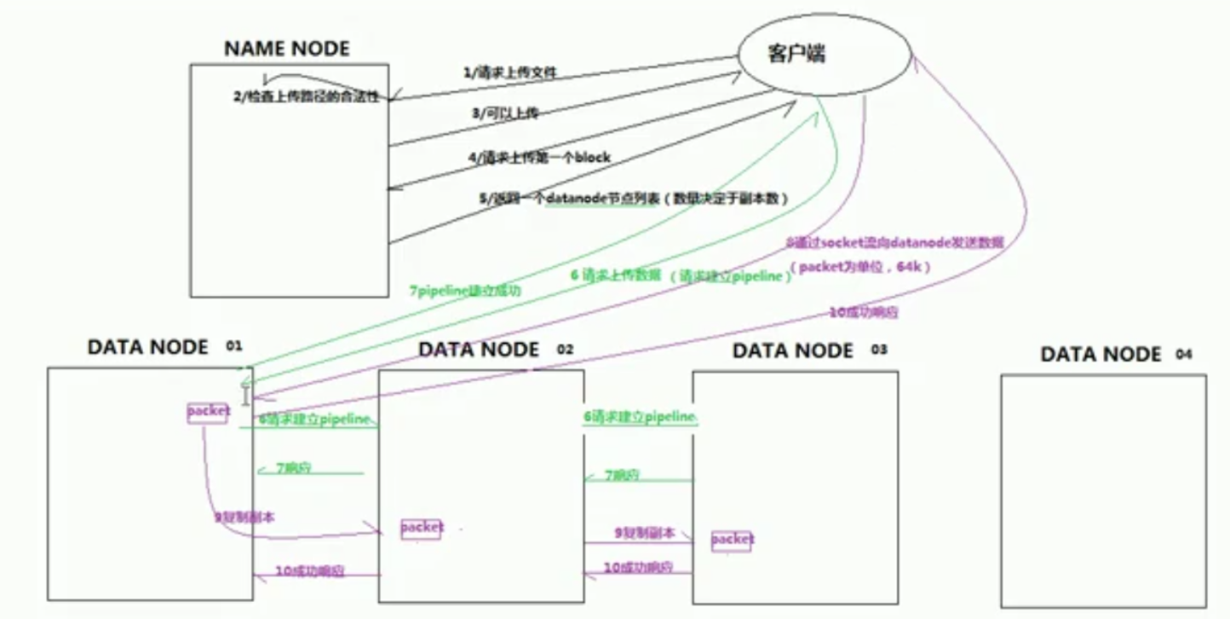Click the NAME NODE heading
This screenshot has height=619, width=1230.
(286, 49)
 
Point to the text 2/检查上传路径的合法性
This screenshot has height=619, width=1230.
(311, 97)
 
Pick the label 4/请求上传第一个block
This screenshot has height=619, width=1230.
(538, 158)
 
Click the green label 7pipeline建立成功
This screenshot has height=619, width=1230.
(466, 290)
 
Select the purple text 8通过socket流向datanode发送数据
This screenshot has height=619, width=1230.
(894, 243)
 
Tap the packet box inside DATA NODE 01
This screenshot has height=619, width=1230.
(208, 412)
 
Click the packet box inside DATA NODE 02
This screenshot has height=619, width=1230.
(422, 527)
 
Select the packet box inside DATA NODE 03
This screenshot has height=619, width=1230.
(732, 540)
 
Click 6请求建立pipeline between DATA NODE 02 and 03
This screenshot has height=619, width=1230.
(640, 417)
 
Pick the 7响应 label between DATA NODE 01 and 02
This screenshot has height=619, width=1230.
(294, 469)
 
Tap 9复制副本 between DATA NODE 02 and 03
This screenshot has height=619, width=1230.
(645, 533)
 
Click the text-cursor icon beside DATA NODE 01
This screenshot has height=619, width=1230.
(246, 396)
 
